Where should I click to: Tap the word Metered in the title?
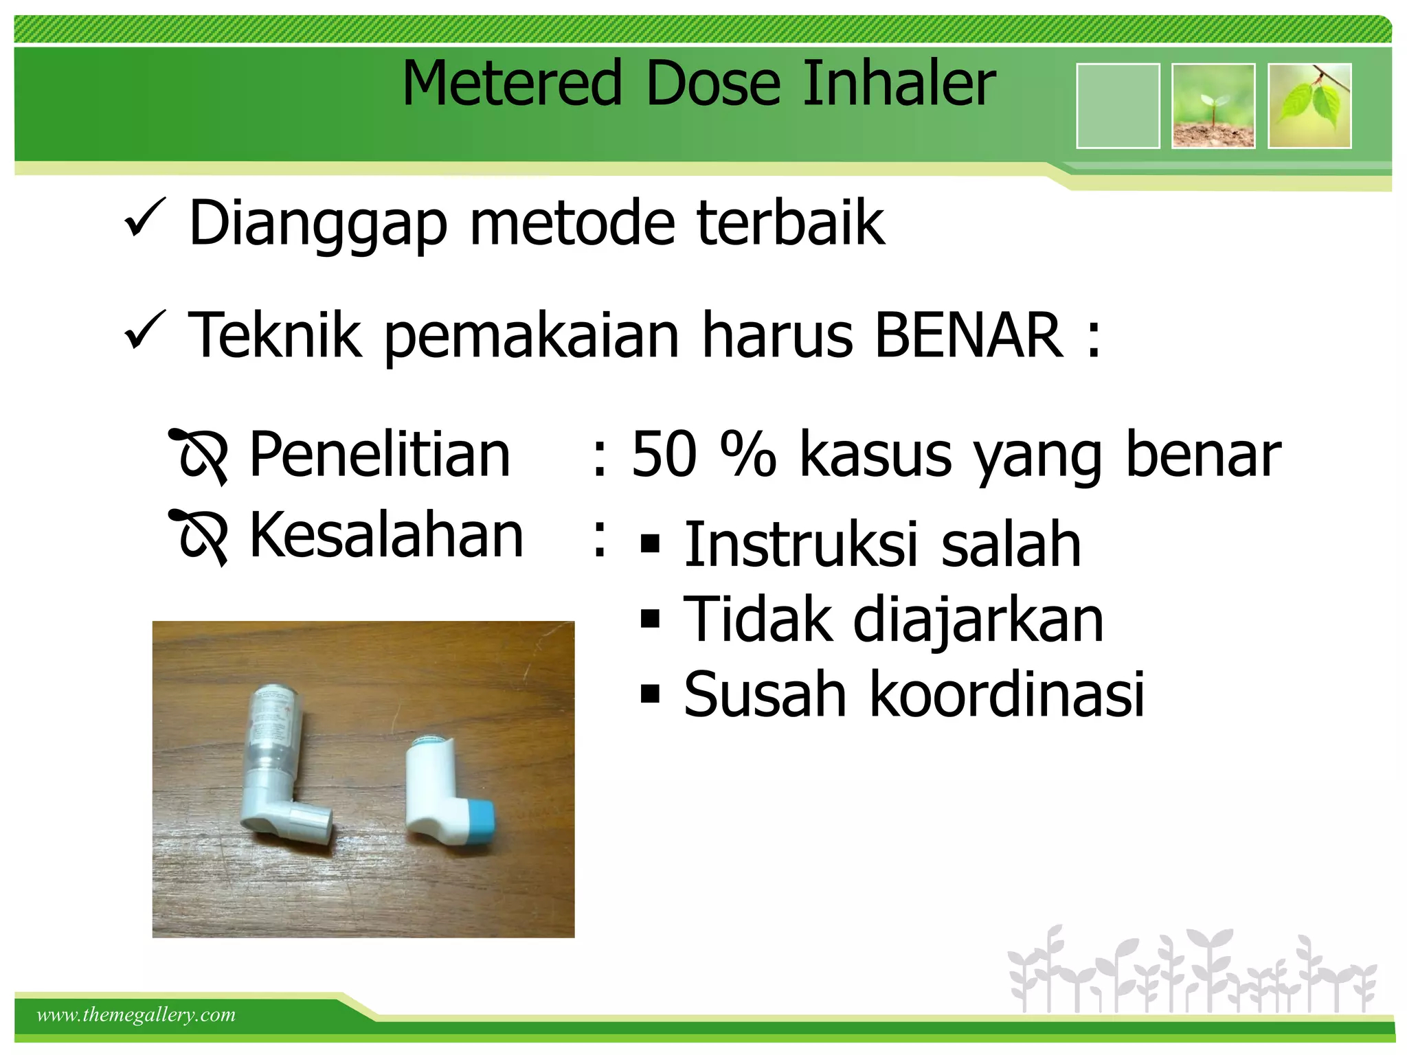(x=512, y=83)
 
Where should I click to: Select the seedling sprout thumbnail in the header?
(x=1213, y=106)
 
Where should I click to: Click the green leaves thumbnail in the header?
(x=1309, y=106)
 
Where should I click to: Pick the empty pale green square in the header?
(x=1118, y=106)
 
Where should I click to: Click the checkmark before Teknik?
(x=145, y=331)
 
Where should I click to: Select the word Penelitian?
(x=379, y=454)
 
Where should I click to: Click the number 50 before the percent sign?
(x=664, y=454)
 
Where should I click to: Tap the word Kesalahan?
(x=386, y=535)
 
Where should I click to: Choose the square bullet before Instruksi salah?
(x=649, y=545)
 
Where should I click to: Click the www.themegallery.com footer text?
(x=136, y=1014)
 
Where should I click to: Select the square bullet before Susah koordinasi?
(x=649, y=694)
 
